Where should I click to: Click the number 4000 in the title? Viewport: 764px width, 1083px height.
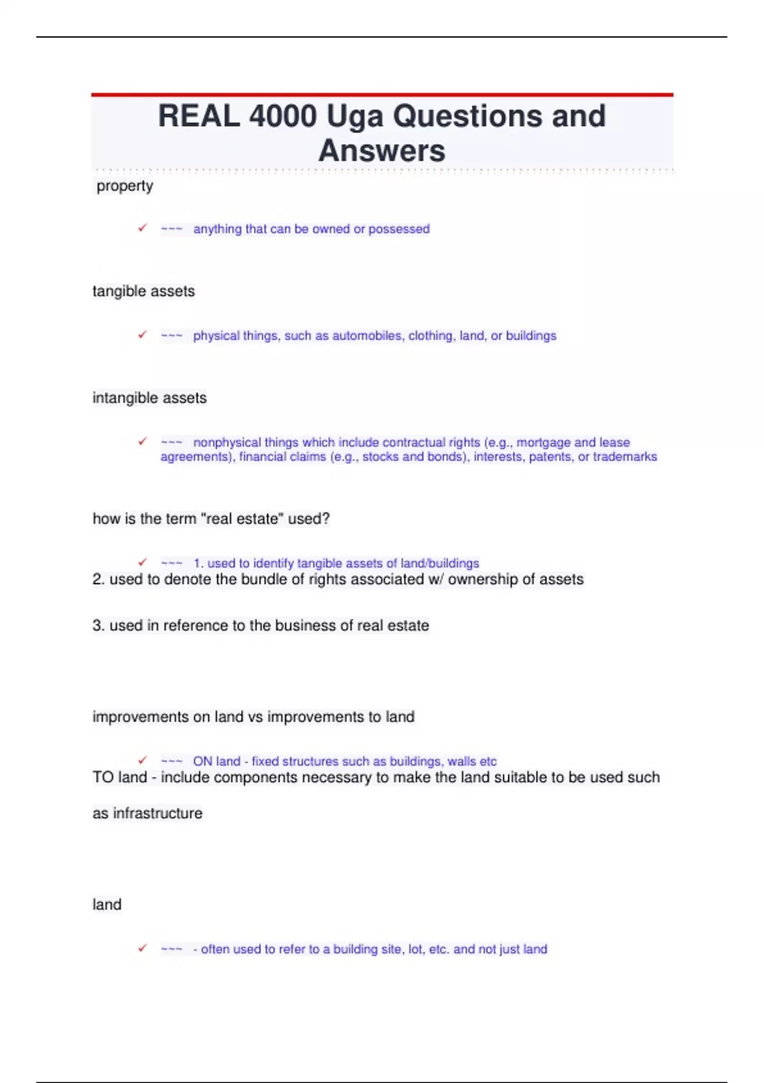coord(283,116)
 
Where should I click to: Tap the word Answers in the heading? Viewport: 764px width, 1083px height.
coord(382,151)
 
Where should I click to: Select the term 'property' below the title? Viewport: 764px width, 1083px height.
coord(125,186)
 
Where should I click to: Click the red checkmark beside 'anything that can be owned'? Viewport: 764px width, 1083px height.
coord(143,228)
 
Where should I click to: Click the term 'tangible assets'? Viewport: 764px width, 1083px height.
coord(144,291)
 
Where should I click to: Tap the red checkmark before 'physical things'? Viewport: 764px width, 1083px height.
coord(143,335)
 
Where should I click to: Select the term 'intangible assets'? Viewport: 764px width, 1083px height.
coord(150,398)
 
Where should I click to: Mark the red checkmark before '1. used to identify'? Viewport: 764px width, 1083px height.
coord(143,563)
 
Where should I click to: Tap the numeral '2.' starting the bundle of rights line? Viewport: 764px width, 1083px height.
coord(99,579)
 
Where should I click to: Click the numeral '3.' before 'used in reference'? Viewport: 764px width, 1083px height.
coord(99,626)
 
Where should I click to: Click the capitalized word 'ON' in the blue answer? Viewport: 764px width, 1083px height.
coord(202,761)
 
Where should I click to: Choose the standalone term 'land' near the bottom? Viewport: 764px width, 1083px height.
coord(107,905)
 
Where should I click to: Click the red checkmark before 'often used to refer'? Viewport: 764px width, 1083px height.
coord(143,949)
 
